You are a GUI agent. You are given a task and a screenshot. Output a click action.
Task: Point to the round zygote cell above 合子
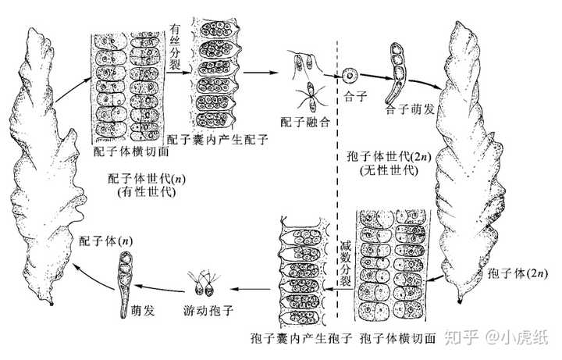[350, 77]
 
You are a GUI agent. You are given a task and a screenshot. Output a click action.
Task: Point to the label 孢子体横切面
[397, 340]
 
